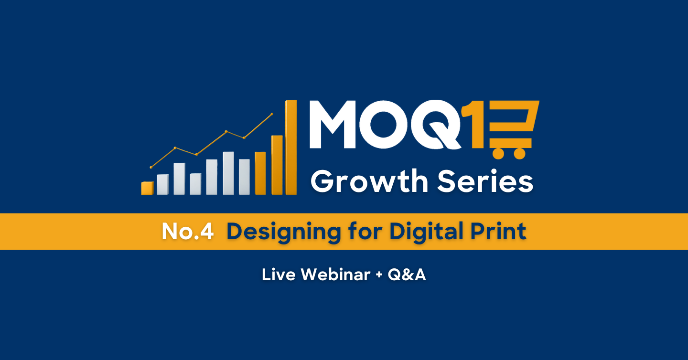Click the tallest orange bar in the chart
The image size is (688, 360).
coord(290,148)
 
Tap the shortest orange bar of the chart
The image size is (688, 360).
coord(148,188)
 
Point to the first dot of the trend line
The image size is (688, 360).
coord(151,167)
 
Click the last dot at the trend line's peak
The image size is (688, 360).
coord(272,115)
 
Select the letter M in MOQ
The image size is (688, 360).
coord(333,124)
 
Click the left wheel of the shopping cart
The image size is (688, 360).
coord(498,153)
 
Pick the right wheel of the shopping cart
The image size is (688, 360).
coord(520,153)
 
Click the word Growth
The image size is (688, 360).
coord(369,181)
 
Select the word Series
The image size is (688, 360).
coord(485,181)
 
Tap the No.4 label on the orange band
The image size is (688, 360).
coord(188,232)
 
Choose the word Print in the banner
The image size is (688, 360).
coord(498,231)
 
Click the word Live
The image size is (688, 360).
coord(279,275)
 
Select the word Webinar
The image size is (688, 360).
coord(336,275)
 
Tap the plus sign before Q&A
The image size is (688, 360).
coord(379,275)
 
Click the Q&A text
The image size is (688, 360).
coord(407,275)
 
